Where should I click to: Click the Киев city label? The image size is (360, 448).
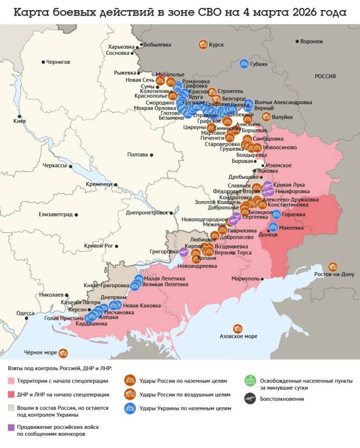[x=20, y=121]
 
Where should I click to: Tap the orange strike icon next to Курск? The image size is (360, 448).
[x=203, y=44]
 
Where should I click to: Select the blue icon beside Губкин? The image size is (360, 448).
[x=244, y=64]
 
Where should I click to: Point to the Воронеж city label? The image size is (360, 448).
[x=311, y=41]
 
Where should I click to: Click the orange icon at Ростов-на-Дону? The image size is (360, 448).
[x=334, y=267]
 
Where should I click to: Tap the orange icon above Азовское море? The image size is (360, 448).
[x=238, y=328]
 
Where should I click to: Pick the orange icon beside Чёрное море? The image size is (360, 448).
[x=63, y=353]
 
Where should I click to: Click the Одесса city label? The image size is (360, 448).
[x=26, y=314]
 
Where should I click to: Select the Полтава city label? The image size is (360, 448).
[x=137, y=154]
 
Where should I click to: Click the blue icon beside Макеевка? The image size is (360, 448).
[x=274, y=227]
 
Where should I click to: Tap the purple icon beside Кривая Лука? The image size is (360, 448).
[x=268, y=185]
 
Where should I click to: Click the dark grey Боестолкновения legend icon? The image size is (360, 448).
[x=250, y=399]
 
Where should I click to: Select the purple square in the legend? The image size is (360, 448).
[x=11, y=427]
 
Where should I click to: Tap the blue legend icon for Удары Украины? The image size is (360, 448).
[x=130, y=409]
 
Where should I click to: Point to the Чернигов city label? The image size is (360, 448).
[x=58, y=62]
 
